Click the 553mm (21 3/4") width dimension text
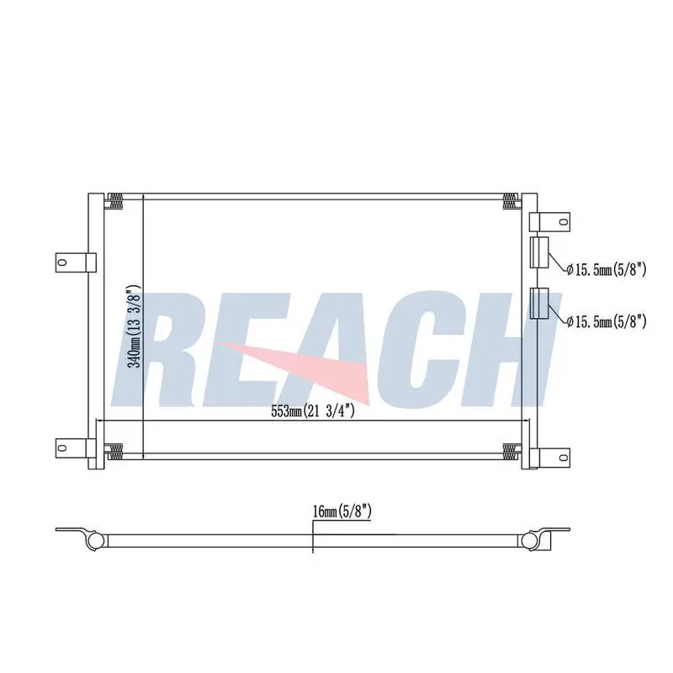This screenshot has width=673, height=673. click(x=313, y=411)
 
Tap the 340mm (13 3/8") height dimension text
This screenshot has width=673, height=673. click(x=135, y=326)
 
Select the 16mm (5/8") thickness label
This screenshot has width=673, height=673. click(x=342, y=511)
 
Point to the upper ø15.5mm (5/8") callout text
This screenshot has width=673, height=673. click(x=606, y=269)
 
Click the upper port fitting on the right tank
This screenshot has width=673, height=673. click(x=539, y=252)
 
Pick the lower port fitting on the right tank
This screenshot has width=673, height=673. click(x=539, y=303)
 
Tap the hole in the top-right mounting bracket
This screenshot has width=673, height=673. click(x=563, y=221)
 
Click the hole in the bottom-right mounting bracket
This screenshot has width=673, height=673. click(x=563, y=457)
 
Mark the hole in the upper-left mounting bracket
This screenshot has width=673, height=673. click(x=62, y=262)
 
